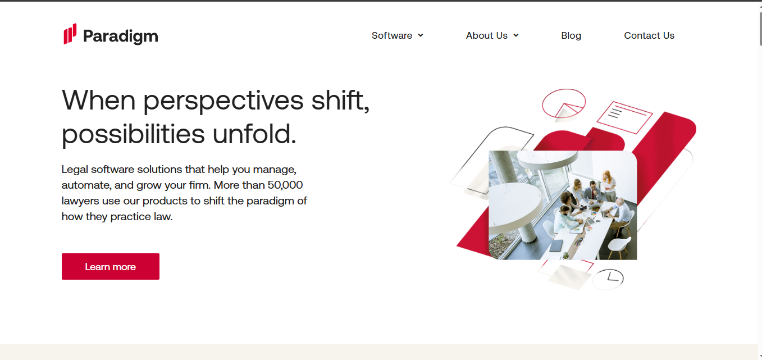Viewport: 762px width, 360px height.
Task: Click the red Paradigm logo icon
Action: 70,34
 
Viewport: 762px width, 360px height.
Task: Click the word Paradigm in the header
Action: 120,37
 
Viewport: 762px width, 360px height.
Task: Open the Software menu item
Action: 392,35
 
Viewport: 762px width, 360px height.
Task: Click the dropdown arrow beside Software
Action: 421,35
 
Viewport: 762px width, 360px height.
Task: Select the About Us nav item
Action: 486,35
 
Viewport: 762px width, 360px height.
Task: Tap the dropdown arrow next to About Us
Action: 516,35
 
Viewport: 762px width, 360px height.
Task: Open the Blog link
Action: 571,35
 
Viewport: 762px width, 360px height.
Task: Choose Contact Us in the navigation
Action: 649,35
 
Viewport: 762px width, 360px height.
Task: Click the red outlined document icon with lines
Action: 624,117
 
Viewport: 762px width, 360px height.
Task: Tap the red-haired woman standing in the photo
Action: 608,183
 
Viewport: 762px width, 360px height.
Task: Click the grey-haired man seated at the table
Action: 620,208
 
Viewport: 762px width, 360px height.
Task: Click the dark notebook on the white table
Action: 556,245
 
